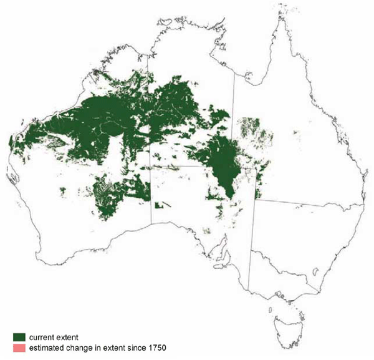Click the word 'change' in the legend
click(x=89, y=348)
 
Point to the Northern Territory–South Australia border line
click(x=187, y=167)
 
